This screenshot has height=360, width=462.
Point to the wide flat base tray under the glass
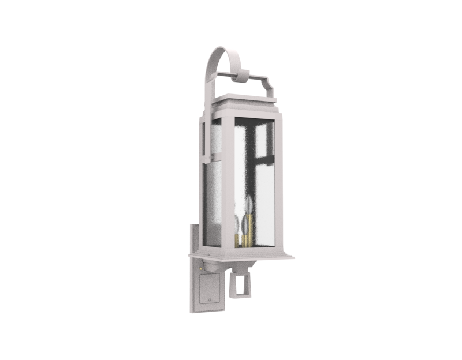click(243, 253)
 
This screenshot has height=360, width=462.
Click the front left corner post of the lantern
click(228, 185)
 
